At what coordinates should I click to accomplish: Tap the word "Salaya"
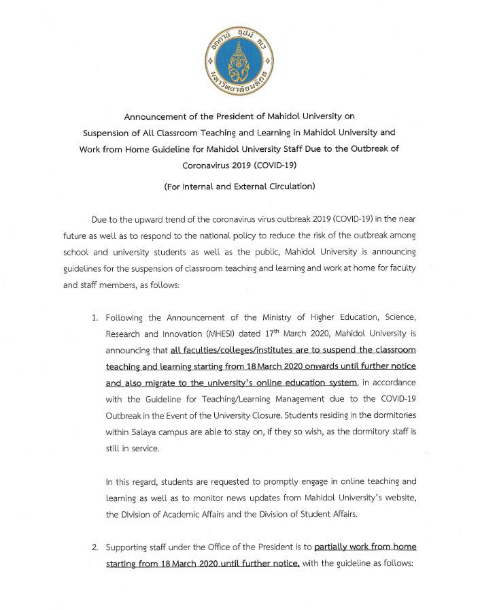point(145,432)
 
